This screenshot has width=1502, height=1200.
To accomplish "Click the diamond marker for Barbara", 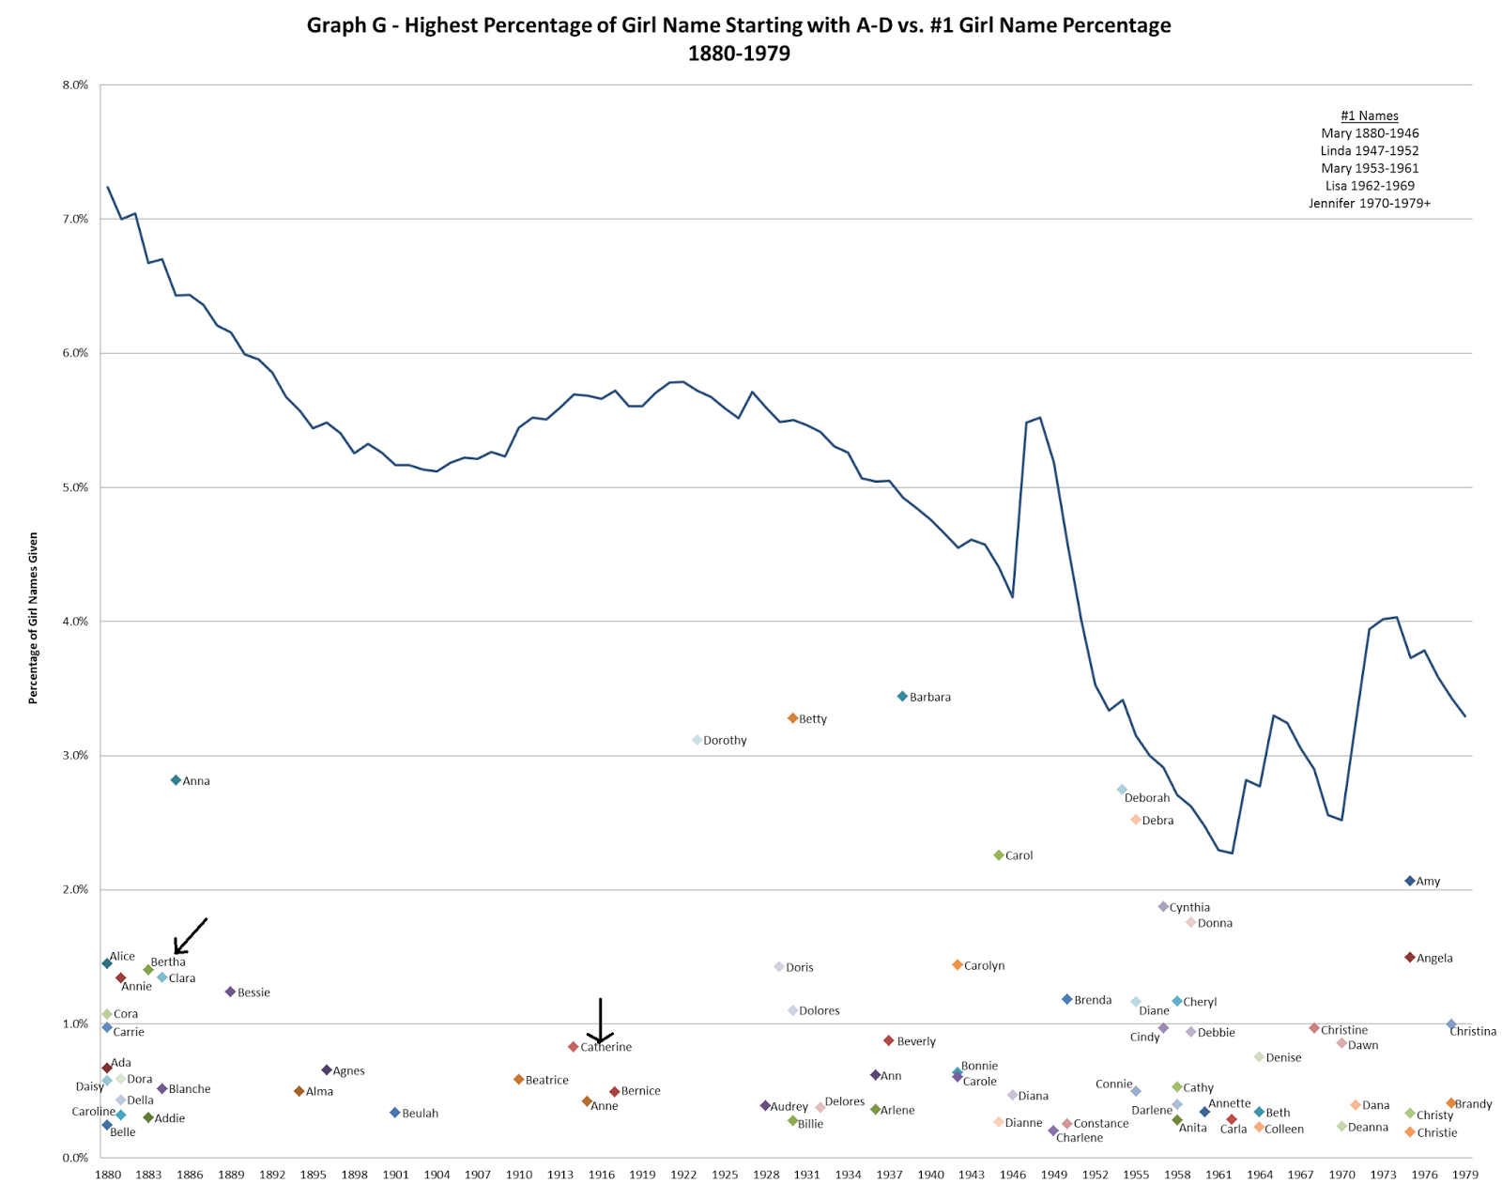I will click(x=902, y=697).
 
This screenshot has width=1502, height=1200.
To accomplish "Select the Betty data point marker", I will click(x=792, y=718).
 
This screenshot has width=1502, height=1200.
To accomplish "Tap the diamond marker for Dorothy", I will click(x=697, y=740).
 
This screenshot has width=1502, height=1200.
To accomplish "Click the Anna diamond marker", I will click(x=176, y=780).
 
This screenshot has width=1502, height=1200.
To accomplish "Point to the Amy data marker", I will click(x=1409, y=881).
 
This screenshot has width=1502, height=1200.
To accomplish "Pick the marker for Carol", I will click(x=999, y=855).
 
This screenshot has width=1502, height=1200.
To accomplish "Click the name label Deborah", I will click(x=1147, y=798).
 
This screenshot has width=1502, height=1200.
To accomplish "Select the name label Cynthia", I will click(x=1189, y=907).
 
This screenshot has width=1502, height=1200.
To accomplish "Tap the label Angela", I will click(x=1434, y=958).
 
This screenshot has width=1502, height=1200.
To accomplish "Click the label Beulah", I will click(x=420, y=1113).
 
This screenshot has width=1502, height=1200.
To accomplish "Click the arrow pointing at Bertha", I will click(x=189, y=936).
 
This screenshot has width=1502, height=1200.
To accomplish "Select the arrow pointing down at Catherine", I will click(x=600, y=1022).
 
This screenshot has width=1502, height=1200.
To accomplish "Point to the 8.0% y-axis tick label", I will click(x=75, y=85).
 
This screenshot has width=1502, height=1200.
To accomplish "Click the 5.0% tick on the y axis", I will click(x=75, y=487).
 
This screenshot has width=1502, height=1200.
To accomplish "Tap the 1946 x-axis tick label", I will click(x=1013, y=1175).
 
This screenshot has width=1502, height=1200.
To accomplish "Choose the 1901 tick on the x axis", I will click(x=395, y=1175).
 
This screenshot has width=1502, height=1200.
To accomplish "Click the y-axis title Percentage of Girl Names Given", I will click(x=33, y=618).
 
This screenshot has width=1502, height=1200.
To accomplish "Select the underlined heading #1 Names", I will click(x=1370, y=115).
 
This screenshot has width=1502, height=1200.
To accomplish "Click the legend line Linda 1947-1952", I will click(x=1370, y=150).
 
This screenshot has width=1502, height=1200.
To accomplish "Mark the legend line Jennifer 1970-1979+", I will click(x=1370, y=203).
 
